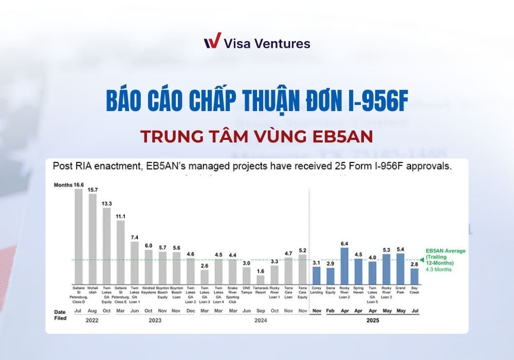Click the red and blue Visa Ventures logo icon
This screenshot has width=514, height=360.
[x=212, y=42]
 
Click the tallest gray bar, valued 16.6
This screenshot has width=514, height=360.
[x=79, y=234]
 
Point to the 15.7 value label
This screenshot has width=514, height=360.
[x=93, y=190]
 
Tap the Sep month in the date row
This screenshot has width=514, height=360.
[x=261, y=311]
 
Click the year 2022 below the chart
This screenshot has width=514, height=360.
[x=93, y=320]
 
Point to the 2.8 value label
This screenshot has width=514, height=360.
[x=414, y=264]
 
